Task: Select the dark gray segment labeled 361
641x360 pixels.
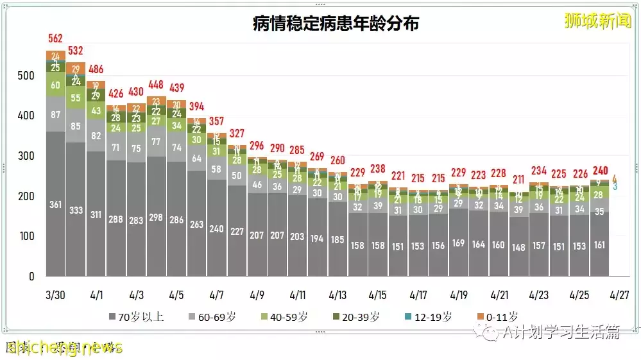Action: (x=56, y=205)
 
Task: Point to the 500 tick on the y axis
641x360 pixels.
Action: (x=26, y=76)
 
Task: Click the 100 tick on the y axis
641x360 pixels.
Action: (x=26, y=236)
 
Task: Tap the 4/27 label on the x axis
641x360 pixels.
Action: (x=619, y=295)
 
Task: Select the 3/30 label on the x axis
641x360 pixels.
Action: (x=56, y=295)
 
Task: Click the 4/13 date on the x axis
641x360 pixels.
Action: (x=338, y=295)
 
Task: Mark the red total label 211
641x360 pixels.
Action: (x=518, y=179)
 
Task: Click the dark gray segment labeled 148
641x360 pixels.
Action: (x=518, y=246)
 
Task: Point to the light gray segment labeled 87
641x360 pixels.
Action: (x=56, y=114)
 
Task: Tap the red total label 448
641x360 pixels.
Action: (x=157, y=85)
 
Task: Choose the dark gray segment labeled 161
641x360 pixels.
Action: (x=599, y=244)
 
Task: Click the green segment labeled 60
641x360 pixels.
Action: (x=56, y=85)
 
